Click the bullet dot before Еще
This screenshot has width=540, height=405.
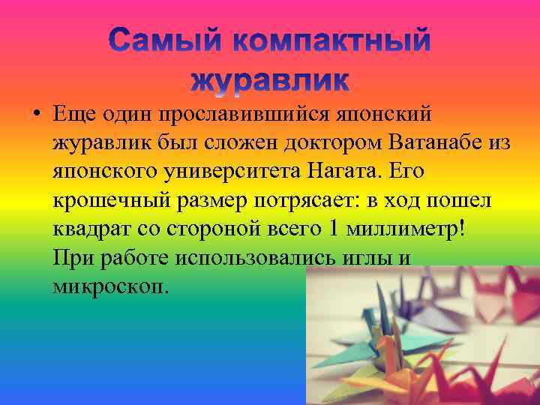35,116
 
